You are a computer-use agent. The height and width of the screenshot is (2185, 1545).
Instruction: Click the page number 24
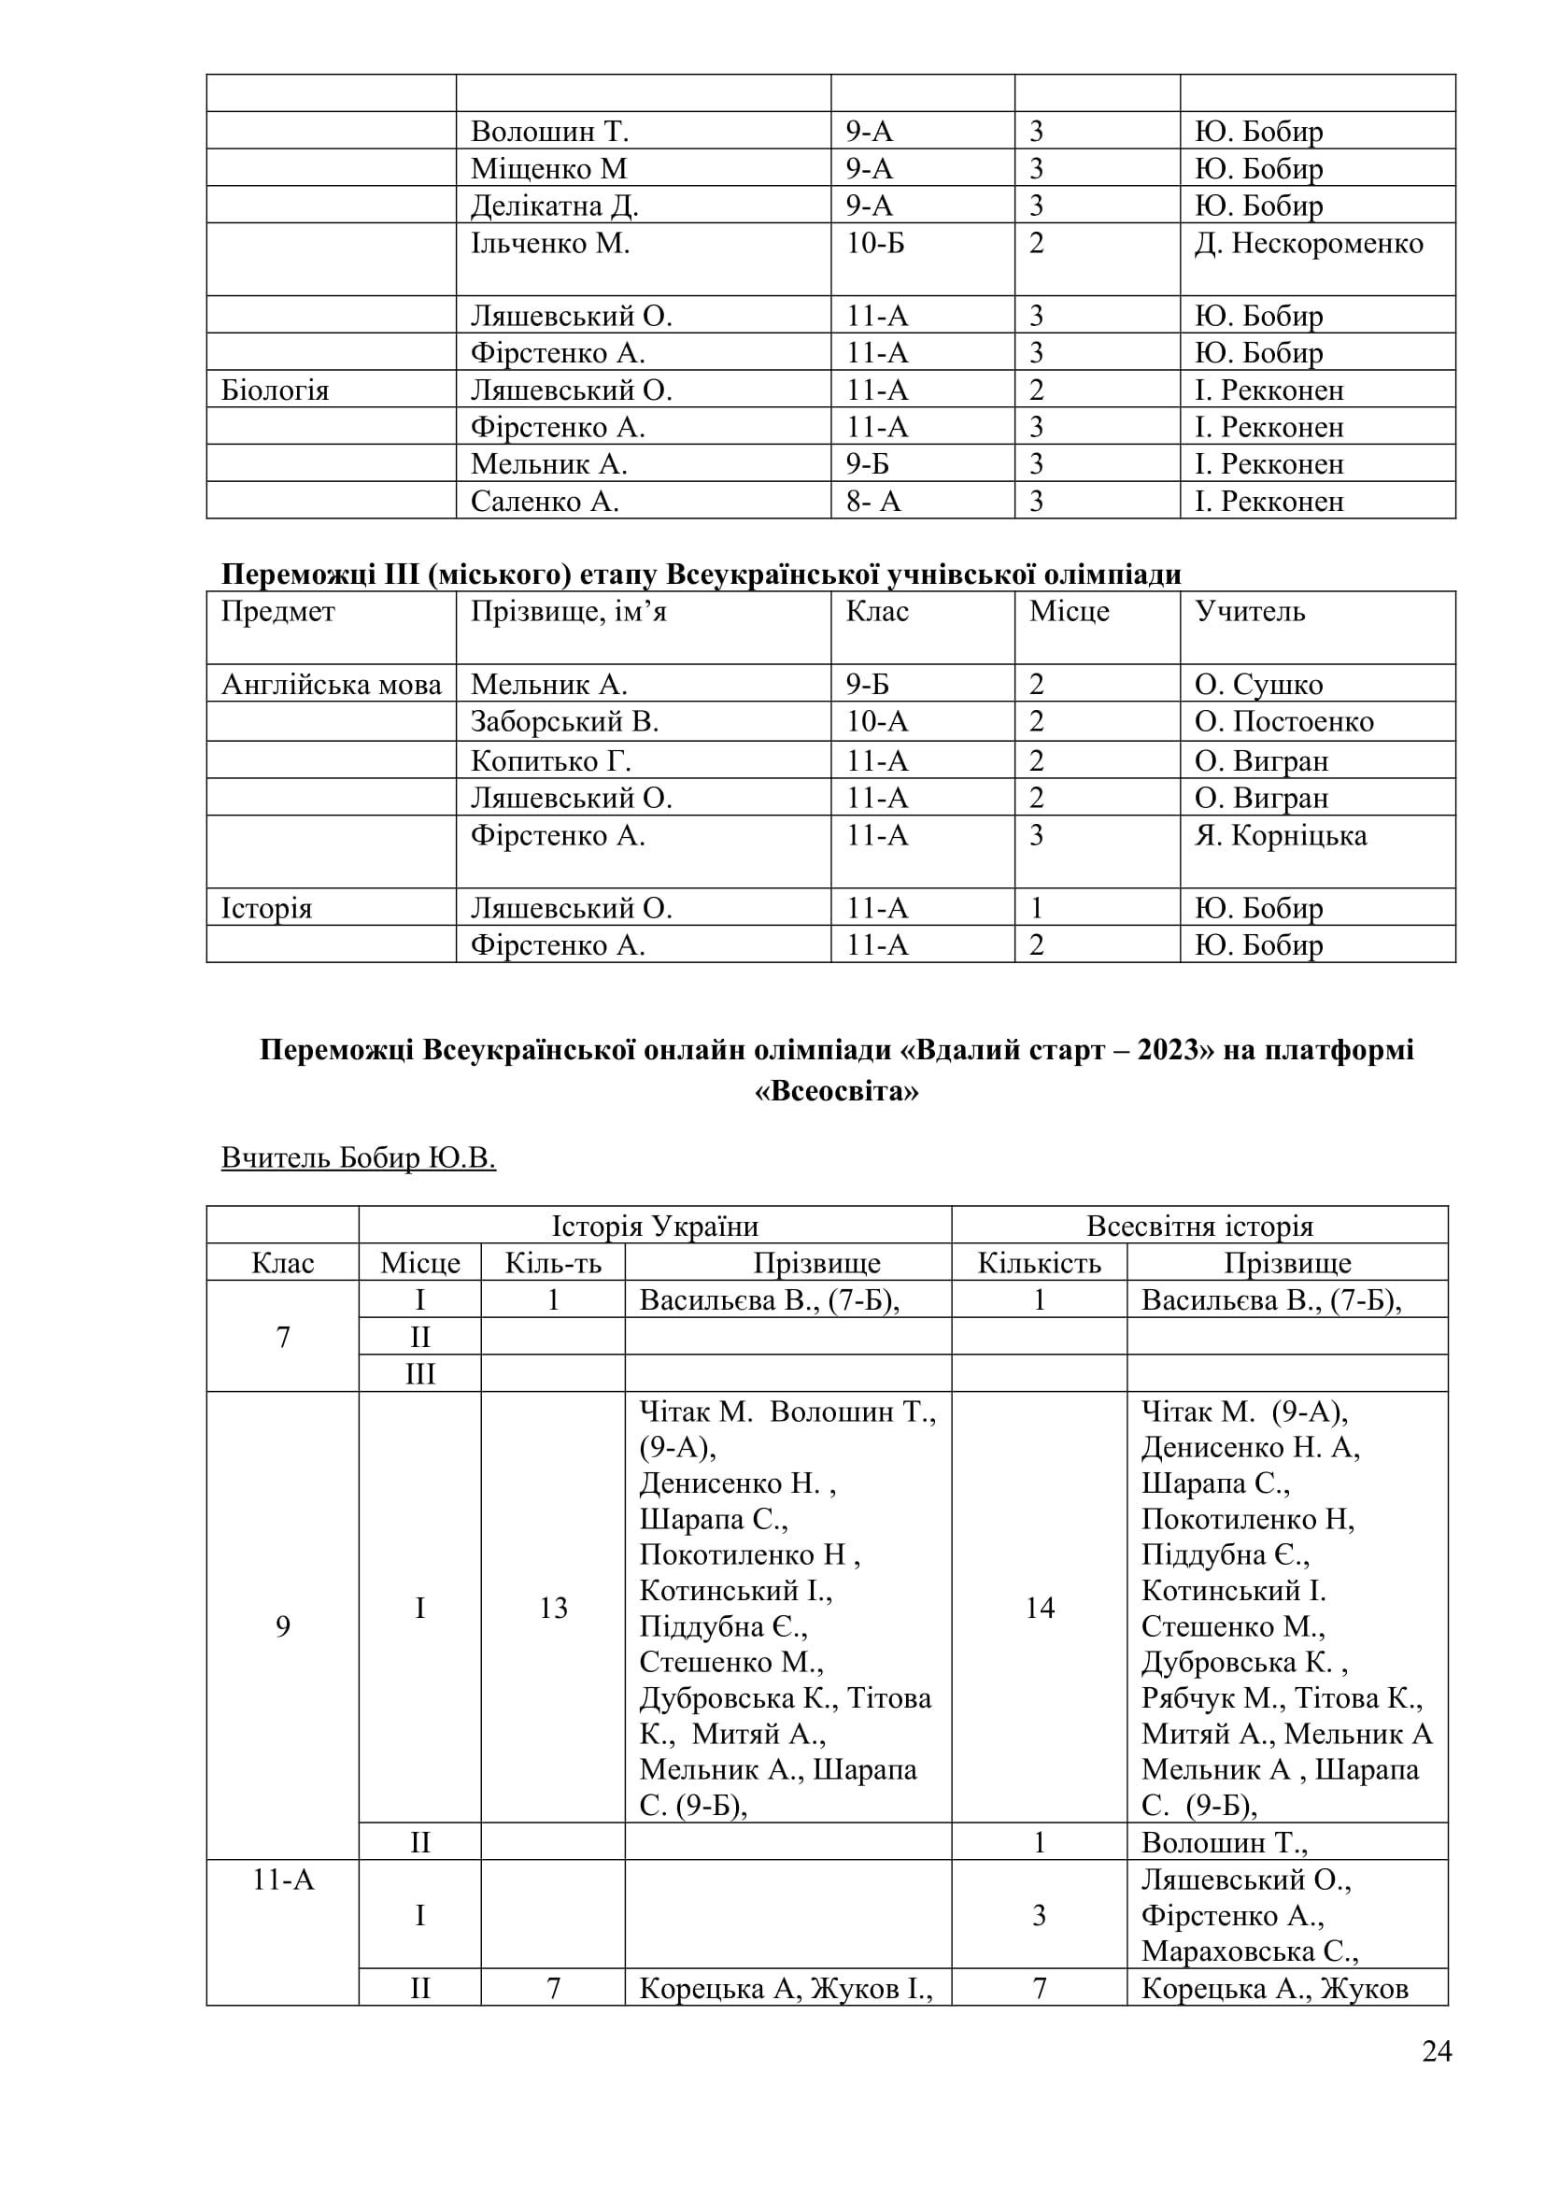tap(1437, 2079)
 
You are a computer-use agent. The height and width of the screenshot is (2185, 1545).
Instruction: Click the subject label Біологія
tap(275, 390)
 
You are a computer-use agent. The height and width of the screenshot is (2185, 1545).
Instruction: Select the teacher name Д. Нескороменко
tap(1309, 244)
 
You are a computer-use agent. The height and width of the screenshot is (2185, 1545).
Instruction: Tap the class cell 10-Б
tap(875, 244)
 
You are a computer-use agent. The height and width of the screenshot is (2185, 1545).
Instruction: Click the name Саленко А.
tap(545, 502)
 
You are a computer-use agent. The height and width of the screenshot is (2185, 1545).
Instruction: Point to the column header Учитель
tap(1250, 611)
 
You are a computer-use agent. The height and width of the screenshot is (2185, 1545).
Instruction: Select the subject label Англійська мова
tap(331, 685)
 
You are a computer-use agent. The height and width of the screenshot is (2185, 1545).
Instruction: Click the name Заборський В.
tap(564, 722)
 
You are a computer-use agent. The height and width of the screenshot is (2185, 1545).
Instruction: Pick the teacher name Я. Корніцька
tap(1281, 835)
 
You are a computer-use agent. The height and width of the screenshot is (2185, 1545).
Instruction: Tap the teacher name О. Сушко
tap(1258, 685)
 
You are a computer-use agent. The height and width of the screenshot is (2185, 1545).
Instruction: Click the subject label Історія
tap(266, 909)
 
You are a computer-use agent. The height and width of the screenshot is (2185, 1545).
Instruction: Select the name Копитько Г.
tap(551, 761)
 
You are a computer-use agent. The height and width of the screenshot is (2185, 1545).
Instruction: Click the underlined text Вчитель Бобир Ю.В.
tap(359, 1158)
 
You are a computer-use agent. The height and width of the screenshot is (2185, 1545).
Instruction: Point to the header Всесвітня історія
tap(1199, 1226)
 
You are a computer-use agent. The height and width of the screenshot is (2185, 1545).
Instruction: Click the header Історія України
tap(655, 1226)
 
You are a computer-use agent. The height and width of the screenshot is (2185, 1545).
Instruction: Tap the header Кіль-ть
tap(553, 1263)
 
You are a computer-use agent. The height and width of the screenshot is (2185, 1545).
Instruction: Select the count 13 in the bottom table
tap(553, 1609)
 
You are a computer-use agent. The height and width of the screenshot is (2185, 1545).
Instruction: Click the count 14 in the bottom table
tap(1039, 1609)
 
